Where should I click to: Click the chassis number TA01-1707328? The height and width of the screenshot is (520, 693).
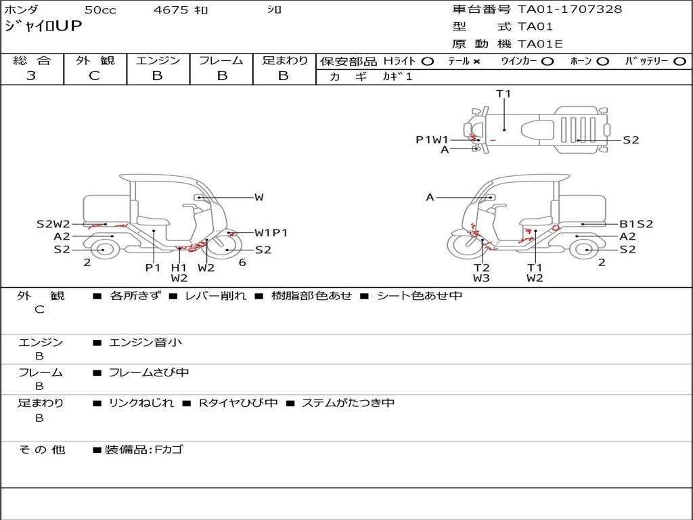click(570, 9)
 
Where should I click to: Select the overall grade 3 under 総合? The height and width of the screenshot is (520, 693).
click(31, 75)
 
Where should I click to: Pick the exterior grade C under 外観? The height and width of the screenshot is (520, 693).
click(94, 75)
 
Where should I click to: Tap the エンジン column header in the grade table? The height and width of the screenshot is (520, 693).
click(158, 60)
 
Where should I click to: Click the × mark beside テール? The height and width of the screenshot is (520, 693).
click(476, 62)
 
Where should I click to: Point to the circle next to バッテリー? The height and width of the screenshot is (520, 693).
click(679, 62)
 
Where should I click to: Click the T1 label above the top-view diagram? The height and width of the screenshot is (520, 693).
click(503, 93)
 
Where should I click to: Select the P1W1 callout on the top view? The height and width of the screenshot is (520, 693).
click(432, 139)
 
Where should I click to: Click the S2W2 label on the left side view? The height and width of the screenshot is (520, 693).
click(53, 224)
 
